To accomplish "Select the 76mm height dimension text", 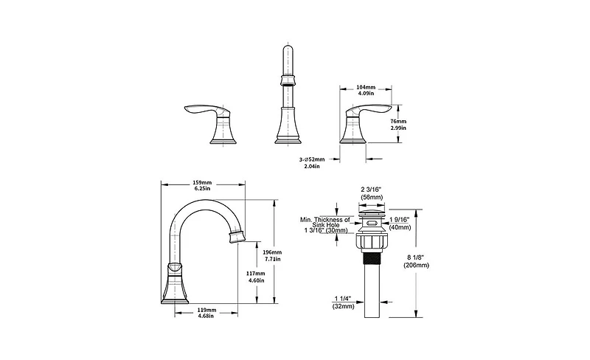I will pyautogui.click(x=399, y=120).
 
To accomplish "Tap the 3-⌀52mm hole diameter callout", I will pyautogui.click(x=311, y=159).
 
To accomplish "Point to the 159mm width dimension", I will pyautogui.click(x=202, y=183).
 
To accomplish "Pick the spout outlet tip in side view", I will pyautogui.click(x=236, y=237).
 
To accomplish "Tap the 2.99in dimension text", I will pyautogui.click(x=399, y=128).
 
